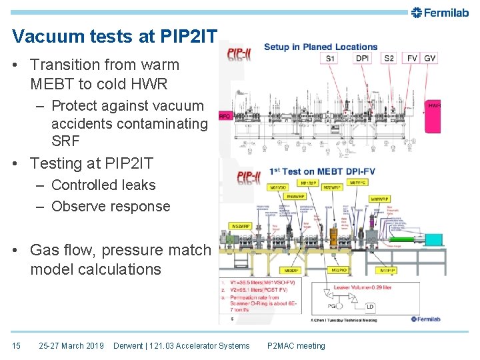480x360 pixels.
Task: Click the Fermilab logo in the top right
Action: (440, 12)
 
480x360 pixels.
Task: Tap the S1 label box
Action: (331, 59)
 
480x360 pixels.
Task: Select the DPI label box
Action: (362, 59)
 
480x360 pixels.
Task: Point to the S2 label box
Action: (389, 59)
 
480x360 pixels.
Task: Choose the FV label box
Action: (412, 59)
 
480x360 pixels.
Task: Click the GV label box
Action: (430, 59)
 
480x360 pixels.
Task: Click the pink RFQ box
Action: (225, 115)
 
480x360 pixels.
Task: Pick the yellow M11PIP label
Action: (387, 271)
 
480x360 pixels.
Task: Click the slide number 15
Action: (16, 345)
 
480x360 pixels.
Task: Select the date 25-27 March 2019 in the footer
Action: (71, 345)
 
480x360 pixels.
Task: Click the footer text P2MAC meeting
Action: (296, 345)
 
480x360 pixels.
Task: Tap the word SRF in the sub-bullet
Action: (65, 141)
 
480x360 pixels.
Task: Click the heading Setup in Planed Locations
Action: (321, 47)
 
